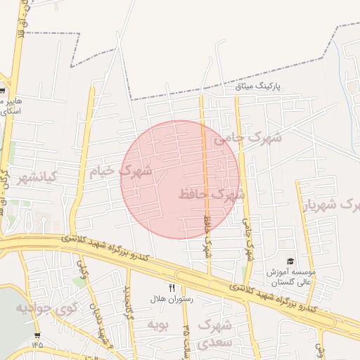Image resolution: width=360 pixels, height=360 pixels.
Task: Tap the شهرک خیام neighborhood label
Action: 120,171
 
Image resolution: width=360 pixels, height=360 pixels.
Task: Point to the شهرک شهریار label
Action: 331,205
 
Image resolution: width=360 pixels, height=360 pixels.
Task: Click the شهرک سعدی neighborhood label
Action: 214,334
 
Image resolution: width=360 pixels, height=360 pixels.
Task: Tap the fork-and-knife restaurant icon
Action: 172,287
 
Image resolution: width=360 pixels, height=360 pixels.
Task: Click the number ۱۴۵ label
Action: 37,345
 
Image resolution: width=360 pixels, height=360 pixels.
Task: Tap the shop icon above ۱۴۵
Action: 37,335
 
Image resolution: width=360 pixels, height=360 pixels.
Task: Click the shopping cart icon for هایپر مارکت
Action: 3,91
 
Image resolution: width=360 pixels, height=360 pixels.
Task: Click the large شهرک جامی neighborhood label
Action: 247,139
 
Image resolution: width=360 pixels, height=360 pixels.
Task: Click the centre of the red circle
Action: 180,180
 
